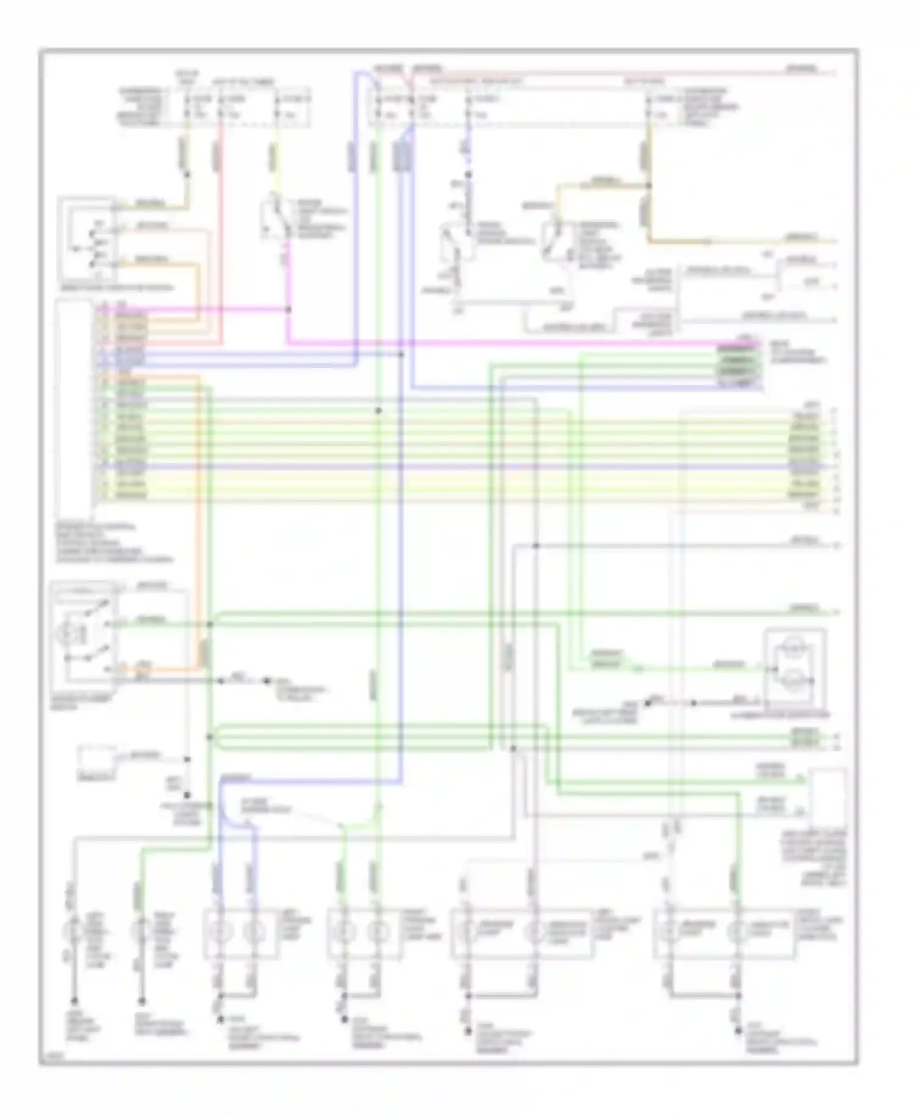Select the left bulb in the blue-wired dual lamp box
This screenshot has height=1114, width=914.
click(222, 932)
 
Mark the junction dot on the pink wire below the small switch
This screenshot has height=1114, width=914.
click(288, 310)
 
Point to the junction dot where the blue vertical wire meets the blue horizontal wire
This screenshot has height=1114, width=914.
click(400, 354)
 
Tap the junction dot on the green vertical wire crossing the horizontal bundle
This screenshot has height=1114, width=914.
click(378, 411)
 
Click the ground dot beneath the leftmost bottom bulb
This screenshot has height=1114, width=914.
click(74, 1001)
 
